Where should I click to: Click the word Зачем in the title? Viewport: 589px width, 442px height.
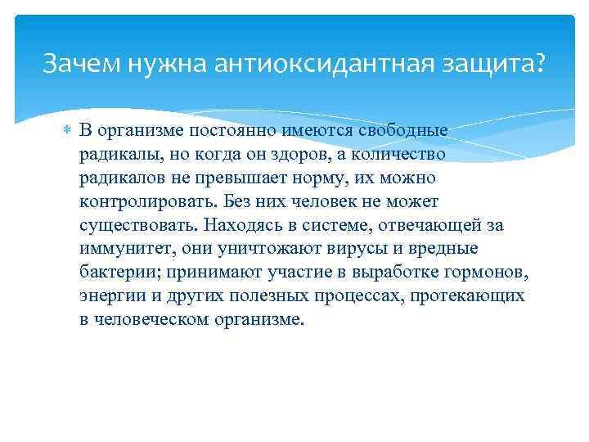click(82, 62)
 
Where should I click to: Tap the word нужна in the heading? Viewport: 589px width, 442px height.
click(167, 64)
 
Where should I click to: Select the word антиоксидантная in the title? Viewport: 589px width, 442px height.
click(323, 63)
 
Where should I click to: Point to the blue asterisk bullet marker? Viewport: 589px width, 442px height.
click(67, 131)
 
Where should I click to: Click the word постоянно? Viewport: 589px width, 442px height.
click(233, 131)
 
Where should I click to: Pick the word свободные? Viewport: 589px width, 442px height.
click(402, 130)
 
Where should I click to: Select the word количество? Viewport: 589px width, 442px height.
click(398, 155)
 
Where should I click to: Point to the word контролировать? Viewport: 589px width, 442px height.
click(148, 202)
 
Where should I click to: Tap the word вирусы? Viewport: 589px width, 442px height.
click(357, 249)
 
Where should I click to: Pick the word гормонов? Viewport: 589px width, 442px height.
click(486, 273)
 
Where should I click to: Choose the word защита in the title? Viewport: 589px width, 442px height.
click(487, 64)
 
